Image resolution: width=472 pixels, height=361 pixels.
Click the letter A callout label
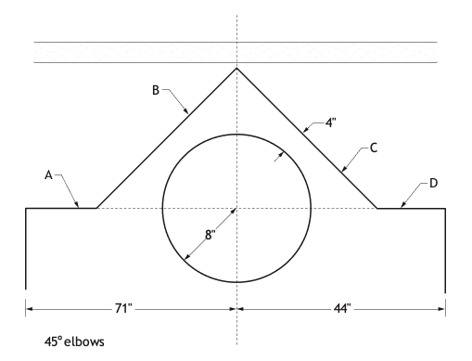(48, 175)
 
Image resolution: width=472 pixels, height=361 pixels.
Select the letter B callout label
(156, 90)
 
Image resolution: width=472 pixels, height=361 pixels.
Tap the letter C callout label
(374, 148)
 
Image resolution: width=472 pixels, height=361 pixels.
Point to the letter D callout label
(434, 183)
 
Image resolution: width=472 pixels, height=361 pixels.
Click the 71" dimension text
(123, 308)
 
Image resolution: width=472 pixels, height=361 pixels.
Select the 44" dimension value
(342, 308)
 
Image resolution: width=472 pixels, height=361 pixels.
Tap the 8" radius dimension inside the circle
(210, 235)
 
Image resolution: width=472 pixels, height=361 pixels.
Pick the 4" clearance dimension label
(330, 122)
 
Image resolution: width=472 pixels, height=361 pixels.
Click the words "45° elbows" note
(74, 342)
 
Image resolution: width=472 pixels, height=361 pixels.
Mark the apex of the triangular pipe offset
(236, 68)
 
